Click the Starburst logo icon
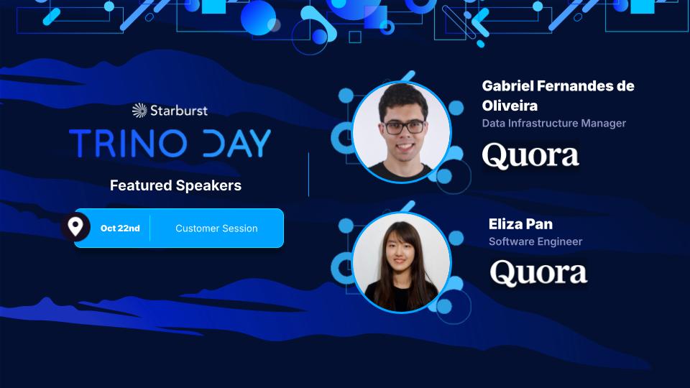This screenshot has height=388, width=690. click(x=139, y=110)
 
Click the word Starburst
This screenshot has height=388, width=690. click(x=179, y=110)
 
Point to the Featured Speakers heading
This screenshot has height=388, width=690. click(x=175, y=185)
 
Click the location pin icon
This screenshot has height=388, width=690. click(x=75, y=227)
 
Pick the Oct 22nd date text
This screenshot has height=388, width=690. click(x=120, y=228)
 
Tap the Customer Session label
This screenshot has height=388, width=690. click(x=216, y=228)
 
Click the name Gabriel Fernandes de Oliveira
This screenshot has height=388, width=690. click(x=558, y=96)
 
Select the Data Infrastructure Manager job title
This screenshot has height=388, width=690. click(x=553, y=123)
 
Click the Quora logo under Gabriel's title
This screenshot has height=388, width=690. click(x=530, y=155)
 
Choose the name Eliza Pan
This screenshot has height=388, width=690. click(x=520, y=224)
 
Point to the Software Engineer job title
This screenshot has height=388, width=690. click(x=535, y=241)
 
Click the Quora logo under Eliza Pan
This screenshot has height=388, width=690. click(x=538, y=273)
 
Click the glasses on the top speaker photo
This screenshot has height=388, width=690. click(x=403, y=127)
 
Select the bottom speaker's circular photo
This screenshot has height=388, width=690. click(x=401, y=262)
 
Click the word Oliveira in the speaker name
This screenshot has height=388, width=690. click(x=508, y=106)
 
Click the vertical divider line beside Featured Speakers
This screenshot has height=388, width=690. click(x=309, y=174)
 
